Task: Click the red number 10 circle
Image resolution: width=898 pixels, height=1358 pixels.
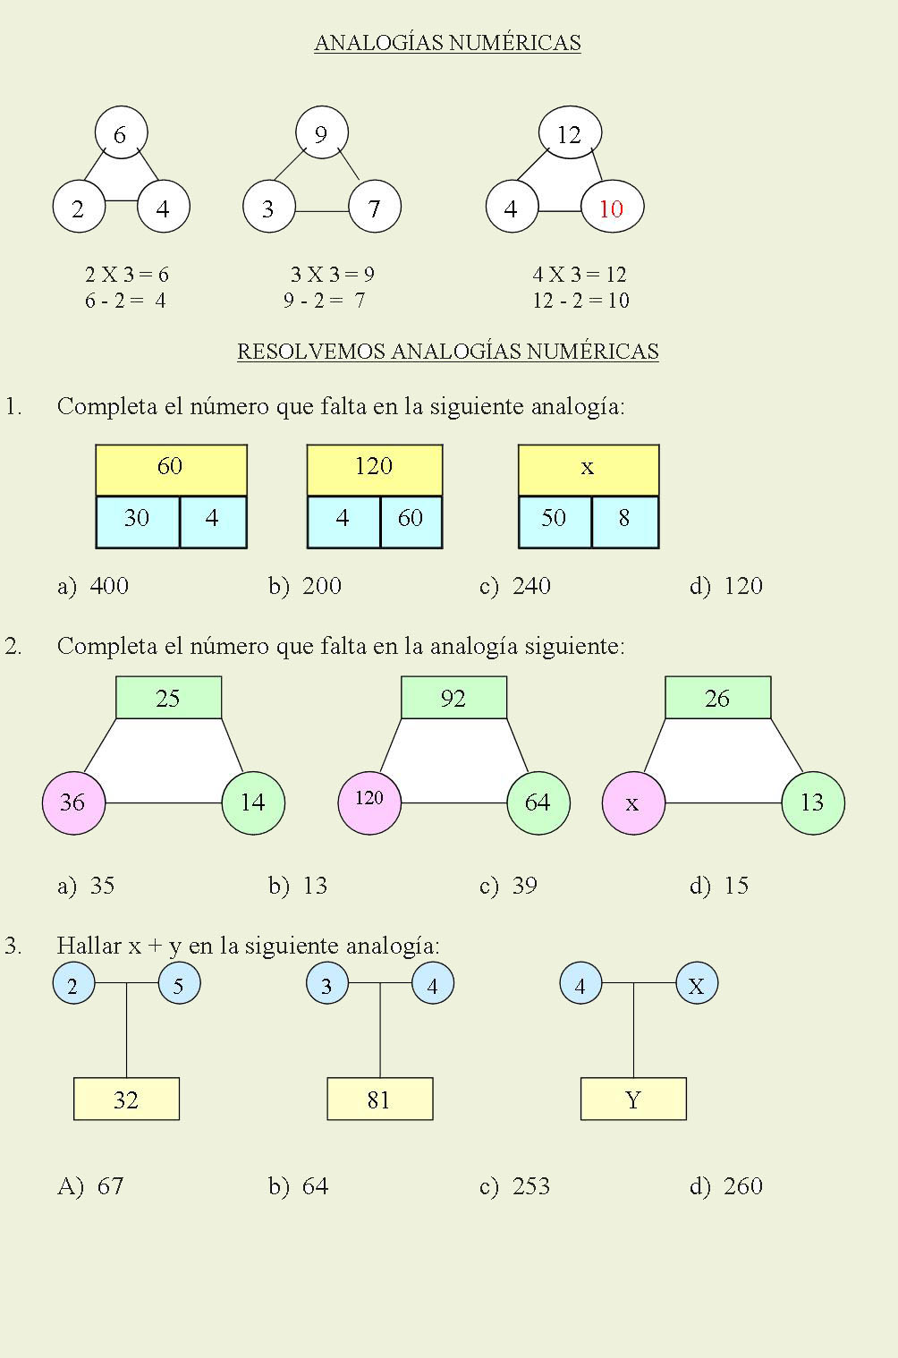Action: pos(612,208)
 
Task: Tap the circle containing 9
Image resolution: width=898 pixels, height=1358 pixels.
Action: pos(321,134)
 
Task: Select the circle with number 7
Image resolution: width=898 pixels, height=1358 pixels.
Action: pos(374,208)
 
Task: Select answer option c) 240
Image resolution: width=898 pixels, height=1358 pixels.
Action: pos(515,587)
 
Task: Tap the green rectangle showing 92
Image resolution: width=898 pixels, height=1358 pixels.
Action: pos(453,698)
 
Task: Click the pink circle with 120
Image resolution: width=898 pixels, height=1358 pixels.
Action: pos(369,802)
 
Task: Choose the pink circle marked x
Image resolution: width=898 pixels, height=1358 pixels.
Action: pos(633,802)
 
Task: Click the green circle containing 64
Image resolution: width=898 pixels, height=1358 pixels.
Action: pos(538,802)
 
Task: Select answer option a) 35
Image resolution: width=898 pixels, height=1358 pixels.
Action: pos(87,886)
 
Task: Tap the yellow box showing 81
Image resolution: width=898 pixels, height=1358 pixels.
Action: pos(379,1099)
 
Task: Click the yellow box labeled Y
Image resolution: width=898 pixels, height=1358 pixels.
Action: pos(633,1099)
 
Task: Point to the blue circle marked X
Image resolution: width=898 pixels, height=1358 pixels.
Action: pos(697,985)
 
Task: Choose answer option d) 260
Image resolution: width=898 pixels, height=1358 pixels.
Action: pos(726,1186)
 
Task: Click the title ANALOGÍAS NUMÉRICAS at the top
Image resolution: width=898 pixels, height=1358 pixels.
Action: pos(447,43)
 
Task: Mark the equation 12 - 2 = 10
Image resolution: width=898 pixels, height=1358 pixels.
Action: pos(580,301)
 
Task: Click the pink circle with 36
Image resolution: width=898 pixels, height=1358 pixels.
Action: pos(73,802)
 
